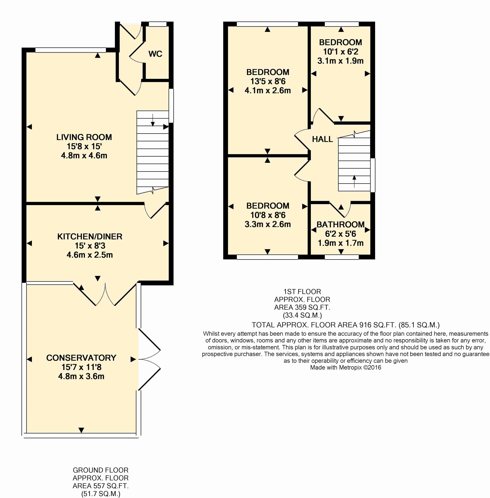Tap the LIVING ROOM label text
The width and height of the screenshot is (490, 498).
click(84, 137)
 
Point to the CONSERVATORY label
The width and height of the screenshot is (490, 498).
click(81, 358)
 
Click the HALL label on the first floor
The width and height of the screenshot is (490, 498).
click(322, 139)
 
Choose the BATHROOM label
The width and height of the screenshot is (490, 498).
click(341, 224)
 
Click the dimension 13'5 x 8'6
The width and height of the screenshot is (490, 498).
click(268, 81)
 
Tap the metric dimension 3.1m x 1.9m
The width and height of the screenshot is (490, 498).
click(341, 61)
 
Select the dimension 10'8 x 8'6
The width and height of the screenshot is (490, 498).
click(268, 215)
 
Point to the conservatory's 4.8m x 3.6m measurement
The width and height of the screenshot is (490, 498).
click(81, 376)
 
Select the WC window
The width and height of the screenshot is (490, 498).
click(158, 24)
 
